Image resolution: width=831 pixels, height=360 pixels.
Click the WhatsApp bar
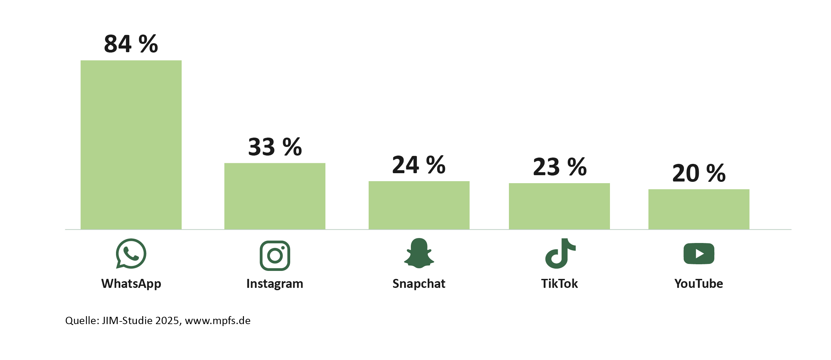tap(131, 145)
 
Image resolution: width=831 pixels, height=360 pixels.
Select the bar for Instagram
tap(275, 196)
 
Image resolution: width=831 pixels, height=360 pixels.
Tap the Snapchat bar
tap(419, 205)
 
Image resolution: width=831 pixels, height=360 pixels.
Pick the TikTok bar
tap(559, 206)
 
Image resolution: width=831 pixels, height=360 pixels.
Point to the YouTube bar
tap(699, 209)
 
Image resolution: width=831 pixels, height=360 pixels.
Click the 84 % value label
tap(131, 44)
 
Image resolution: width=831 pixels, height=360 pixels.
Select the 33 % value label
tap(275, 147)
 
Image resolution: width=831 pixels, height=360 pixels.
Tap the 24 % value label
tap(419, 165)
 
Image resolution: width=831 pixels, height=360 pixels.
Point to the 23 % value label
tap(560, 167)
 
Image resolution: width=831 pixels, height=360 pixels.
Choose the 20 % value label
tap(699, 173)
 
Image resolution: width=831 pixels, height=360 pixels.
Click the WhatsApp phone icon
tap(131, 254)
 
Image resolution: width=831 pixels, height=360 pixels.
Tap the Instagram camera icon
tap(275, 255)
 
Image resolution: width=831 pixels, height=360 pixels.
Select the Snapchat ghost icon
tap(419, 253)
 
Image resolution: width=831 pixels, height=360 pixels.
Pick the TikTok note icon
tap(560, 253)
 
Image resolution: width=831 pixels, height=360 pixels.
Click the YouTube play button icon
tap(699, 254)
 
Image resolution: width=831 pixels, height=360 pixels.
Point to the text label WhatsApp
tap(131, 284)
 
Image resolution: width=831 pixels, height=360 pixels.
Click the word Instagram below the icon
tap(275, 284)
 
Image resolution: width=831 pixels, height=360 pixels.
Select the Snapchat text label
tap(419, 284)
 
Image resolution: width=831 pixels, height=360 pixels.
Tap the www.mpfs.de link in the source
tap(218, 321)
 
